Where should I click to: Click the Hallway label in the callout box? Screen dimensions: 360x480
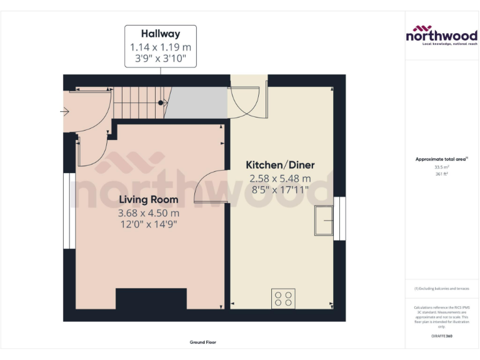point(160,34)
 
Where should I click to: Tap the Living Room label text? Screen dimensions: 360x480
point(148,200)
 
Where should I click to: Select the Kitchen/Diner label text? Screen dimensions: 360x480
point(280,165)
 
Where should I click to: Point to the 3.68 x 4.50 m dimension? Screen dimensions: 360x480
point(148,213)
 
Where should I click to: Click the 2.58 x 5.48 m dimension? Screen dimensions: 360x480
point(280,178)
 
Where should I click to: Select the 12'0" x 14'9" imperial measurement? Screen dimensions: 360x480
point(148,225)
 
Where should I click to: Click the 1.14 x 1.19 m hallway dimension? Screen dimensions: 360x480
point(160,47)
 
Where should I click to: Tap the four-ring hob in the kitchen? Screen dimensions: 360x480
point(283,298)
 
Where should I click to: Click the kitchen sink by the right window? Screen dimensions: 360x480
point(324,221)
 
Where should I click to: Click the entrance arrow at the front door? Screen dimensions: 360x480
point(64,112)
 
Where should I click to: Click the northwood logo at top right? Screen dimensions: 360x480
point(441,35)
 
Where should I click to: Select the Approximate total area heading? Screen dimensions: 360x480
point(441,159)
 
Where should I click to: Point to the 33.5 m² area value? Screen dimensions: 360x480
point(441,167)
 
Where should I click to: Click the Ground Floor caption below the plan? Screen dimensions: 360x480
point(203,342)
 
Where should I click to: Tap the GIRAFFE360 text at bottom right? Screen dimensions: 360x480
point(441,336)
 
